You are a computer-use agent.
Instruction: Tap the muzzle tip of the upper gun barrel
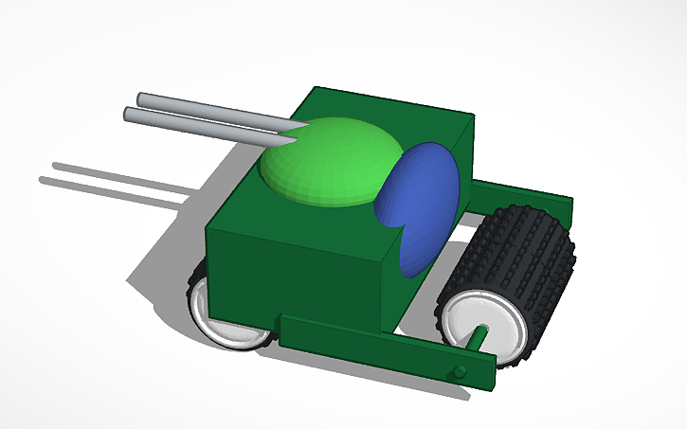pyautogui.click(x=141, y=98)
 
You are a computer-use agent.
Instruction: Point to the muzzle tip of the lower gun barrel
pyautogui.click(x=129, y=114)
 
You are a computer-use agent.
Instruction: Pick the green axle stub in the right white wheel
pyautogui.click(x=479, y=335)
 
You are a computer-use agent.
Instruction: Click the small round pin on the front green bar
pyautogui.click(x=460, y=371)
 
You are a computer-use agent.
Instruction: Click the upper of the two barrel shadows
pyautogui.click(x=123, y=171)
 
